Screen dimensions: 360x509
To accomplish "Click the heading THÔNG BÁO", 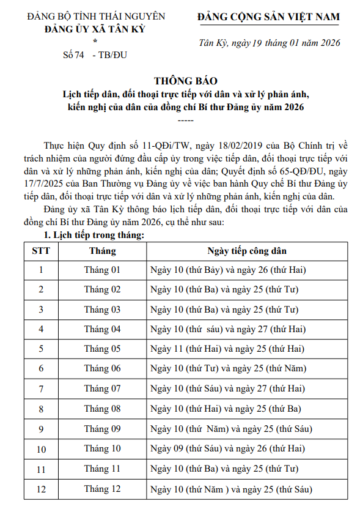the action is tap(185, 81).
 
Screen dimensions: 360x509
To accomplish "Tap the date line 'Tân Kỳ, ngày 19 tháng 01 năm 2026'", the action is tap(270, 43).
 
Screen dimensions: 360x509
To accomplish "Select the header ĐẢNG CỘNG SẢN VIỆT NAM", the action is tap(269, 17).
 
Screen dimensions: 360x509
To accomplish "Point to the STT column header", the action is tap(41, 251).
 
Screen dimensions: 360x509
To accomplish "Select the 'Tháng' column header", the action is tap(102, 251).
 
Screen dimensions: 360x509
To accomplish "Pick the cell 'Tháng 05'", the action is tap(102, 349).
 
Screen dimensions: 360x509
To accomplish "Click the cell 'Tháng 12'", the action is tap(102, 489).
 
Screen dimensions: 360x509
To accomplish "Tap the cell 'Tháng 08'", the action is tap(102, 409).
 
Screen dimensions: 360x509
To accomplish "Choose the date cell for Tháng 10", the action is tap(227, 449).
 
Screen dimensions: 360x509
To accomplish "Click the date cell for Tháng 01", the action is tap(228, 270).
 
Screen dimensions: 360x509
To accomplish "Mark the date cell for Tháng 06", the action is tap(229, 368).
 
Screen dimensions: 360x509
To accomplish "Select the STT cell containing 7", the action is tap(41, 389).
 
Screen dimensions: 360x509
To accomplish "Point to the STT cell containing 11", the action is tap(41, 469).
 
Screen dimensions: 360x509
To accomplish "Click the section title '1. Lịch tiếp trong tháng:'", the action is tap(95, 236).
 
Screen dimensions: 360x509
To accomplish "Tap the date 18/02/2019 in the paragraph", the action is tap(229, 146).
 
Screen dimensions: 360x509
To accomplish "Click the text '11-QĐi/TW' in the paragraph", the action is tap(151, 146).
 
